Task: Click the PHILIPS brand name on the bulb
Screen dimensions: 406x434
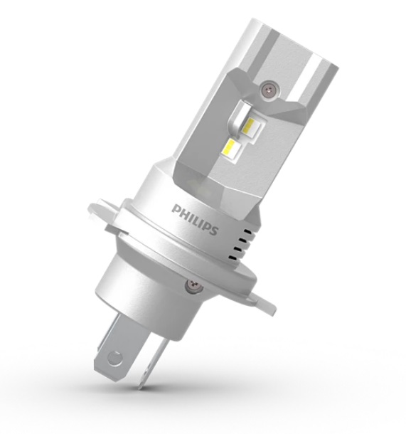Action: click(195, 220)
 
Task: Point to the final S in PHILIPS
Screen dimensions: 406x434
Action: click(213, 231)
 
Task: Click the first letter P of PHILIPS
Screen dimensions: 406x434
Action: click(176, 209)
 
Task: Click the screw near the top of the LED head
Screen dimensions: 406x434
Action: click(269, 88)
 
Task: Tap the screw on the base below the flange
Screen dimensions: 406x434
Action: click(193, 285)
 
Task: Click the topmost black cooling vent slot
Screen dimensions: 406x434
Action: click(248, 231)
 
